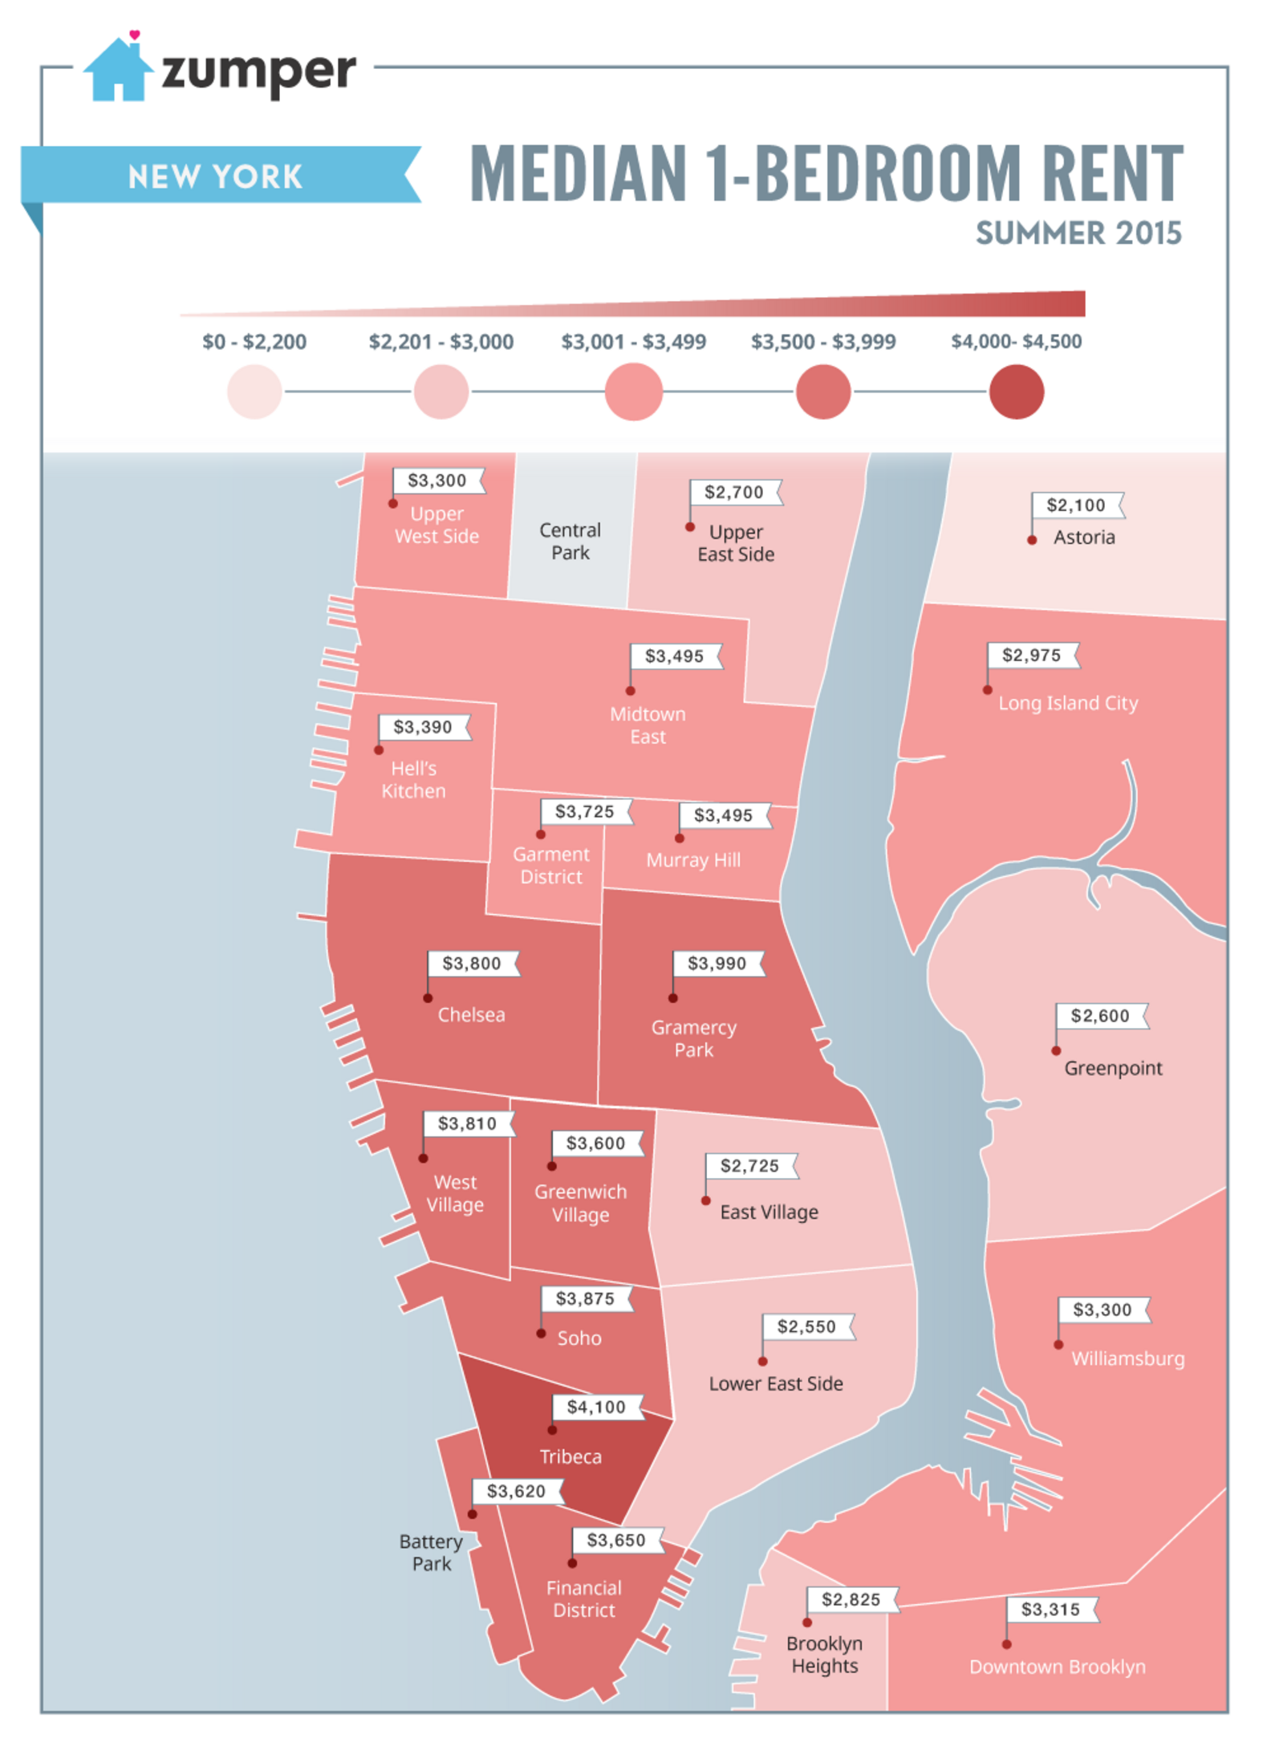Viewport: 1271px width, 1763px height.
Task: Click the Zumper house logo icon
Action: coord(118,70)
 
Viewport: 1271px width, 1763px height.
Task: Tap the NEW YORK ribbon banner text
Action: coord(215,177)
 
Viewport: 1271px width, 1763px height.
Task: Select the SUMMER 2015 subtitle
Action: coord(1078,233)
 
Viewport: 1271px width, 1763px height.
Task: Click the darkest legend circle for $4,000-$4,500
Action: coord(1016,392)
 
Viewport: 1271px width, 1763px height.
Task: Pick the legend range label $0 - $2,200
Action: coord(254,342)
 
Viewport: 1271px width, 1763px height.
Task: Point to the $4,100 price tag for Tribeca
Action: coord(596,1406)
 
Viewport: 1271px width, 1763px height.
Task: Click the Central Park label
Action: coord(570,541)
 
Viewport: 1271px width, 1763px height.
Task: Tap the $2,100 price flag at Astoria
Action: coord(1076,505)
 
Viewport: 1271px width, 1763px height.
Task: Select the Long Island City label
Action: coord(1067,703)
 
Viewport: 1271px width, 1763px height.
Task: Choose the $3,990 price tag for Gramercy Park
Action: coord(717,963)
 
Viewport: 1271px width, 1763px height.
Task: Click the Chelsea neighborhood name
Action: coord(471,1014)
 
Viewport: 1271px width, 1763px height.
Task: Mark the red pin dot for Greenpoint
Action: coord(1056,1050)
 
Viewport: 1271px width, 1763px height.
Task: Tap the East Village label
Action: coord(769,1212)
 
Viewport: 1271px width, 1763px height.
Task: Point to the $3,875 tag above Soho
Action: coord(585,1298)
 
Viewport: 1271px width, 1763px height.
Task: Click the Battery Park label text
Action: coord(431,1552)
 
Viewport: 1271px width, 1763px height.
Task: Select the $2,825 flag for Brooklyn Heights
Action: coord(851,1599)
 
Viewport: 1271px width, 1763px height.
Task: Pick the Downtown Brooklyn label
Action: coord(1057,1666)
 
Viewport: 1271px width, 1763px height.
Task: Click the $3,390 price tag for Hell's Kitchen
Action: coord(423,727)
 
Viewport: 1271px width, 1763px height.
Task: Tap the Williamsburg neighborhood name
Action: coord(1127,1359)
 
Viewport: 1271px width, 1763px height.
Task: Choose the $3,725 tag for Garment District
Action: coord(584,811)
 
